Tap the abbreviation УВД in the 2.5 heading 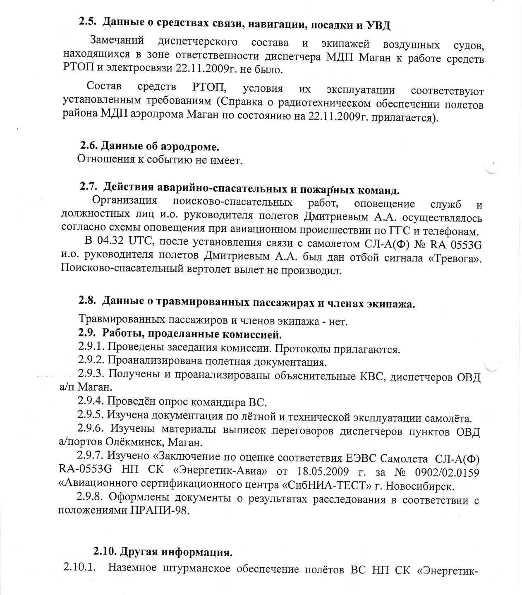tap(378, 26)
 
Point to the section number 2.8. tap(87, 301)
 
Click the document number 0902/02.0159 tap(447, 473)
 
